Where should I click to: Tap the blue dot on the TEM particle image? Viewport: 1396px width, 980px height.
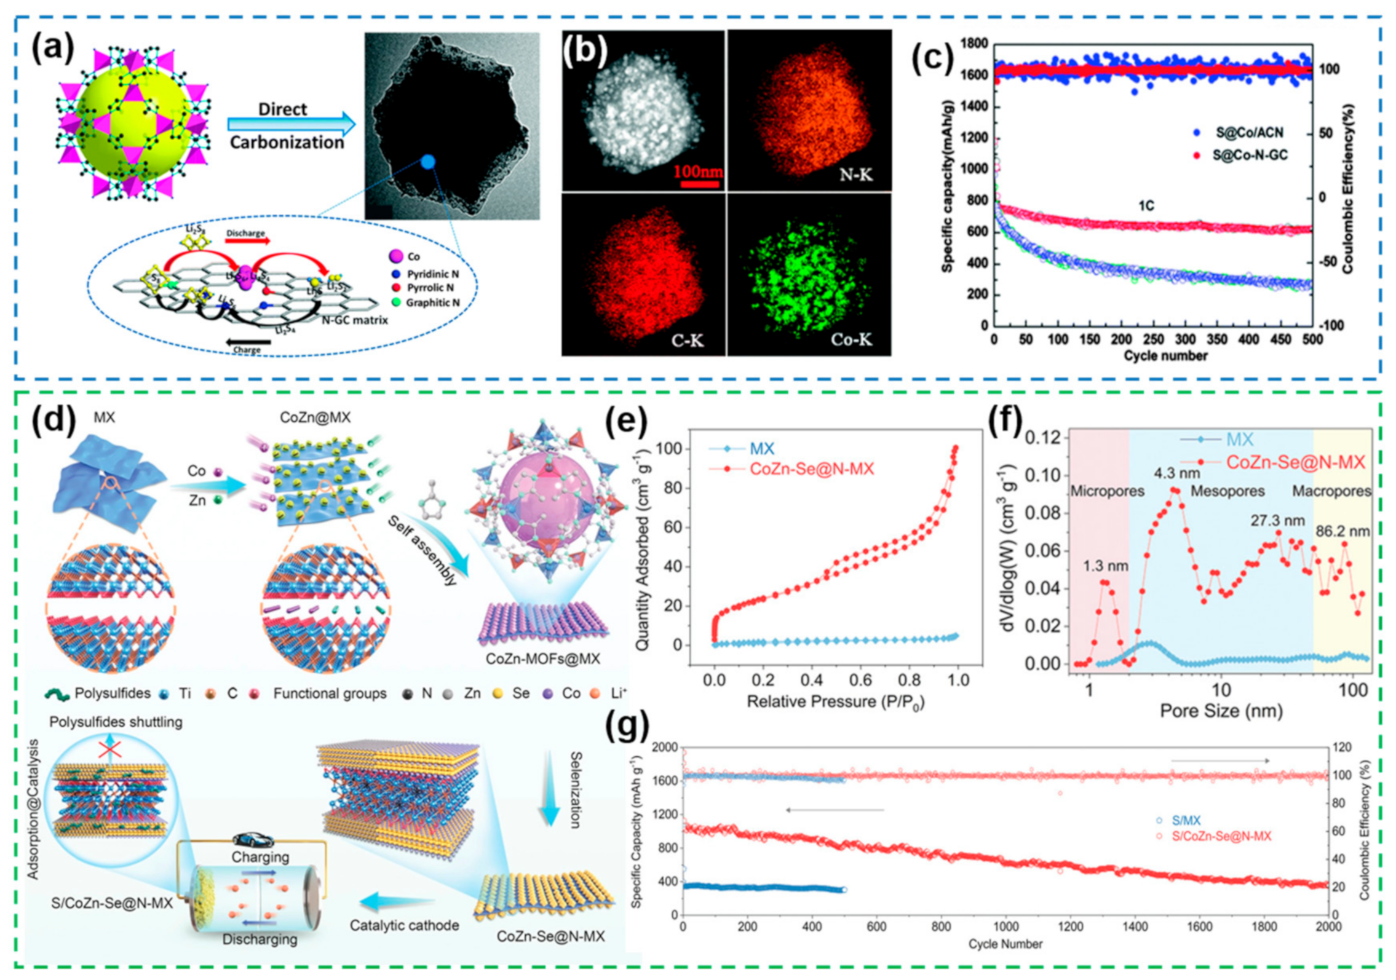(x=428, y=162)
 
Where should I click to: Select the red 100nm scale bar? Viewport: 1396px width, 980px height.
(x=697, y=183)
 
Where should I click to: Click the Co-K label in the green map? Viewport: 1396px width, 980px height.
(x=851, y=339)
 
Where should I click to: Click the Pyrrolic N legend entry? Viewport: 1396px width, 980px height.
(x=430, y=288)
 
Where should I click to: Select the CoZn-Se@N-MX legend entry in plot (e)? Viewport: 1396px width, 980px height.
(x=811, y=469)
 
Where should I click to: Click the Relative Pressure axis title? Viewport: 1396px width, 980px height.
(x=835, y=701)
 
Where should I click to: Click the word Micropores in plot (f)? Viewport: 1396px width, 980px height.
(x=1107, y=491)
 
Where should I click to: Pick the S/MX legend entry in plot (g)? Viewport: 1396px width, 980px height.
(x=1186, y=820)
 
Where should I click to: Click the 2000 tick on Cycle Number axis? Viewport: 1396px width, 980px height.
(x=1328, y=927)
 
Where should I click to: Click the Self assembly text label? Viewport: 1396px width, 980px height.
(x=422, y=551)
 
